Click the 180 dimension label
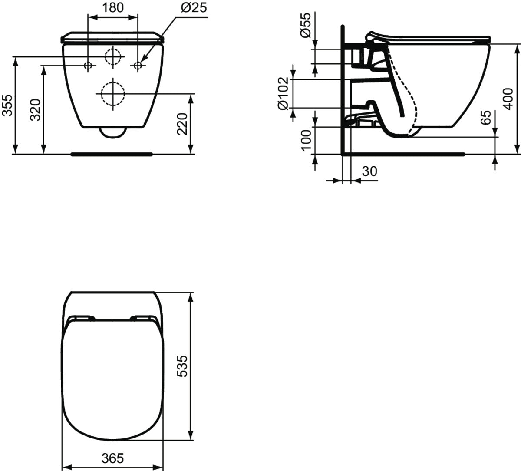click(113, 7)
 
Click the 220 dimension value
click(183, 123)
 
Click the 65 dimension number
click(487, 117)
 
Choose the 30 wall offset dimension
click(369, 171)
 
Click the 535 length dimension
click(183, 366)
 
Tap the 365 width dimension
click(112, 458)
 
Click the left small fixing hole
click(88, 66)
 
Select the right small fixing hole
click(138, 66)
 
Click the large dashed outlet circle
click(113, 93)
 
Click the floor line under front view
click(112, 153)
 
